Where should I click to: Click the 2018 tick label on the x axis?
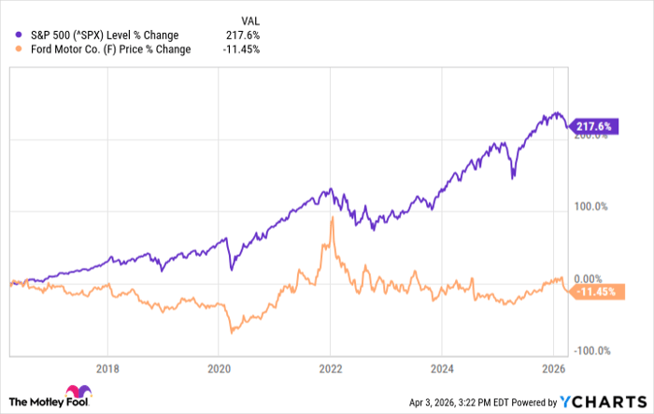(108, 367)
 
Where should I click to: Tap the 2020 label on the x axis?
(219, 367)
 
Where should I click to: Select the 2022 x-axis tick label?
(331, 367)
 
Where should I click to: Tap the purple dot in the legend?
(10, 36)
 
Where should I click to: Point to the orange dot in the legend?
(10, 50)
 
